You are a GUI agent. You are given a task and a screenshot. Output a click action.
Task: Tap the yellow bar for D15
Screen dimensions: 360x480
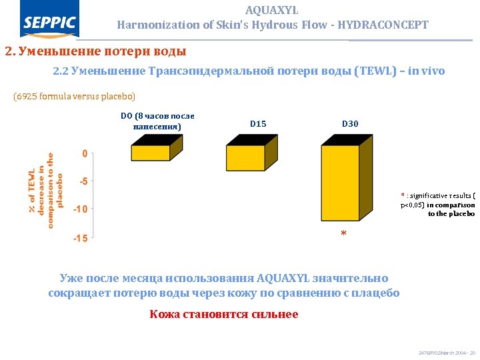tap(246, 158)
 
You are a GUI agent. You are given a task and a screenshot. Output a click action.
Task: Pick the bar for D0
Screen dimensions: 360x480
tap(150, 153)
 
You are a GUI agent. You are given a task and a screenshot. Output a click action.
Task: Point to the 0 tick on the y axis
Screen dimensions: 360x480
tap(84, 153)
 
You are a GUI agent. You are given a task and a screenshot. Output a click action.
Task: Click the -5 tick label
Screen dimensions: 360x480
tap(82, 181)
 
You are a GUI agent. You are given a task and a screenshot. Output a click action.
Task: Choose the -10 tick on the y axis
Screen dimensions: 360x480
tap(80, 209)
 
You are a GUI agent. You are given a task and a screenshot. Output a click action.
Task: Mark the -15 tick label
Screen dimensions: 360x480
tap(80, 239)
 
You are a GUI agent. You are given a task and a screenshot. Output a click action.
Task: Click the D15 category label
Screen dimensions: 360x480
tap(258, 124)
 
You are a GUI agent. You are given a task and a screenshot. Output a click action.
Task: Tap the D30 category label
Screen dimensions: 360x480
tap(350, 124)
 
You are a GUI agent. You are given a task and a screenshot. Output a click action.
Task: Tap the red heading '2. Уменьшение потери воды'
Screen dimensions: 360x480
tap(95, 51)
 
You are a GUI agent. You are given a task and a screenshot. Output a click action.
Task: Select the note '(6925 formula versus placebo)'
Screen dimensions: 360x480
tap(74, 97)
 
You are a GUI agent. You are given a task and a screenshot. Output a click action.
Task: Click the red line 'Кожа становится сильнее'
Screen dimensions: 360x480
tap(224, 314)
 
